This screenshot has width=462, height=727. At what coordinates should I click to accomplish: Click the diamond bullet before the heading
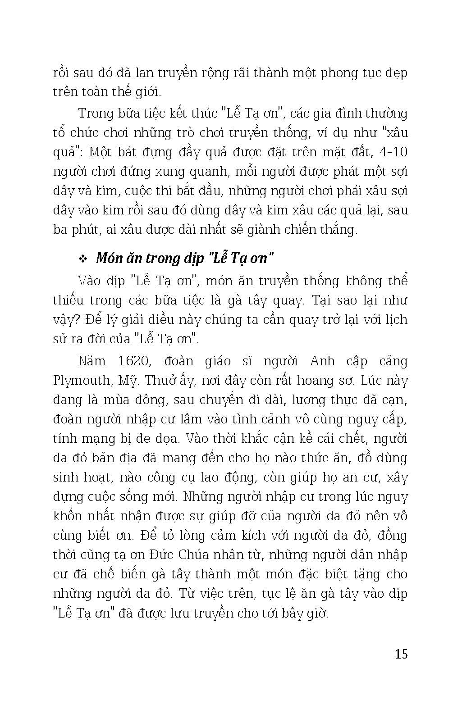82,259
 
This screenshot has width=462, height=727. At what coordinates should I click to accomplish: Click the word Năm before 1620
91,361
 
